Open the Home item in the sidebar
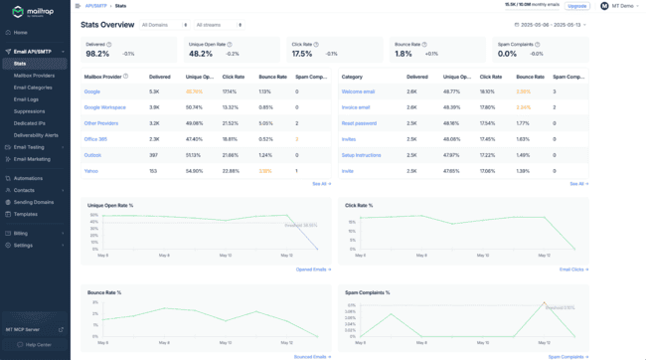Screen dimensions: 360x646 21,33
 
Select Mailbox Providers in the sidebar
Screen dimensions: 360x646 34,75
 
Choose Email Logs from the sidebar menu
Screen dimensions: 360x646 27,99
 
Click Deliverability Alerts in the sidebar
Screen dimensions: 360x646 36,135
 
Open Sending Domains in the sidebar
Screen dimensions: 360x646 33,202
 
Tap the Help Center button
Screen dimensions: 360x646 38,344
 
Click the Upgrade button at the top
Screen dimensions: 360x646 576,6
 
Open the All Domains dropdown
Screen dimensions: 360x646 164,25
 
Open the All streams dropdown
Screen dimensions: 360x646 219,25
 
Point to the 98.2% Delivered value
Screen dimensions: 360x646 98,54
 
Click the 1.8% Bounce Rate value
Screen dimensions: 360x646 403,54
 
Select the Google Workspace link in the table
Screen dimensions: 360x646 105,106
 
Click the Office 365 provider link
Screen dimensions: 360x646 95,139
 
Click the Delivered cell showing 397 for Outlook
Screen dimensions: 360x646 154,155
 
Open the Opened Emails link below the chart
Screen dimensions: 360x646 313,269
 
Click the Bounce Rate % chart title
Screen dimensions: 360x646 104,292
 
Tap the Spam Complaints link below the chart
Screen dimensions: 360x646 567,356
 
